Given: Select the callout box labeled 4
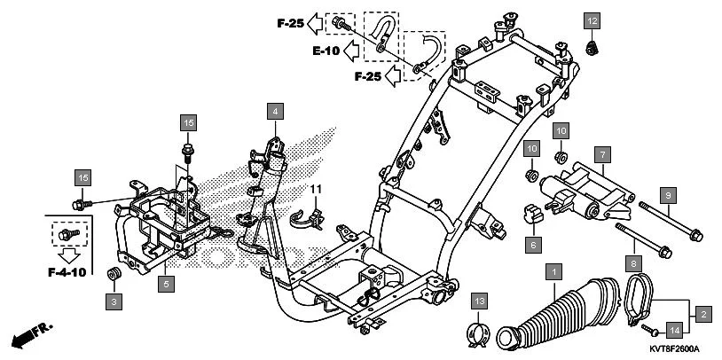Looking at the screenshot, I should (276, 112).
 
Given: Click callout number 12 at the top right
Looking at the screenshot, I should (592, 20).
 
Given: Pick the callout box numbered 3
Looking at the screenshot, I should (114, 301).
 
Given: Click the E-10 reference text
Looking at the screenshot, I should (326, 51).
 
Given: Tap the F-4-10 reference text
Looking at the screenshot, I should (66, 271).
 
